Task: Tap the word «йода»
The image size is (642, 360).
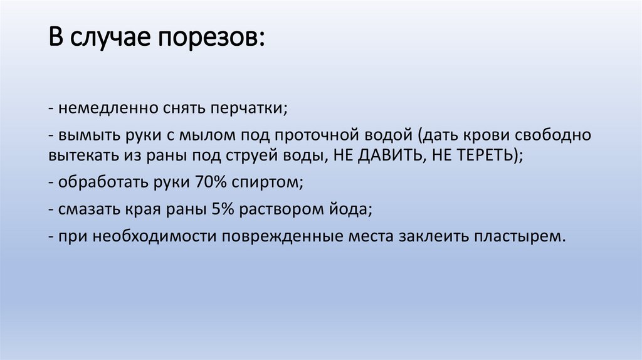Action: point(347,210)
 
